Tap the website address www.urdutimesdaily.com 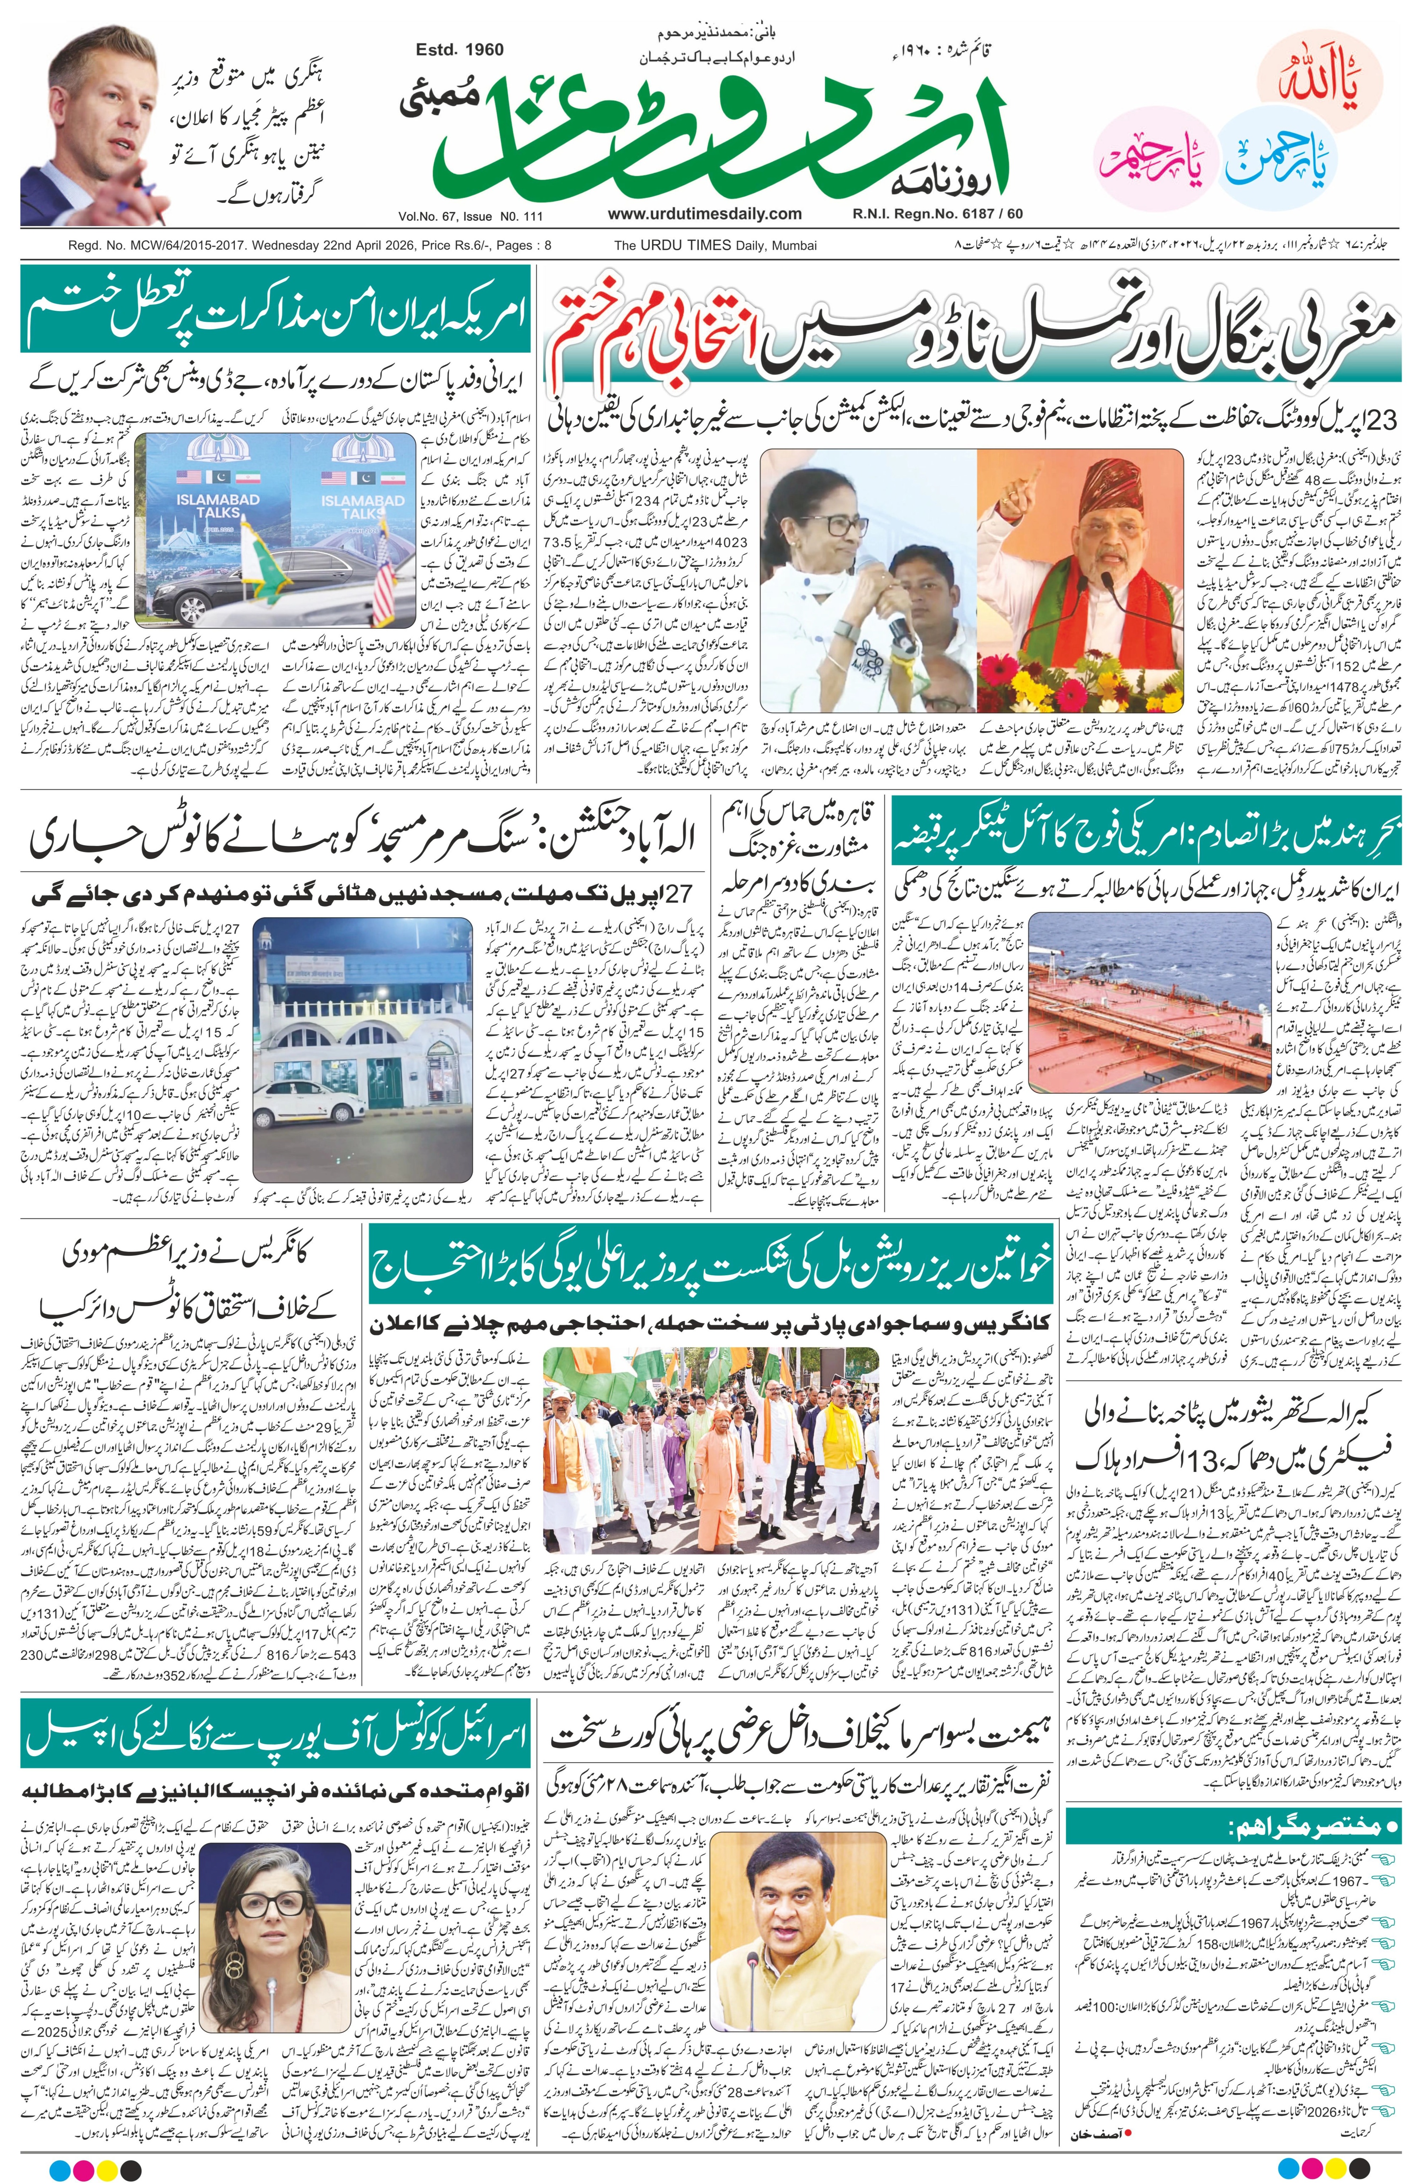point(704,214)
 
